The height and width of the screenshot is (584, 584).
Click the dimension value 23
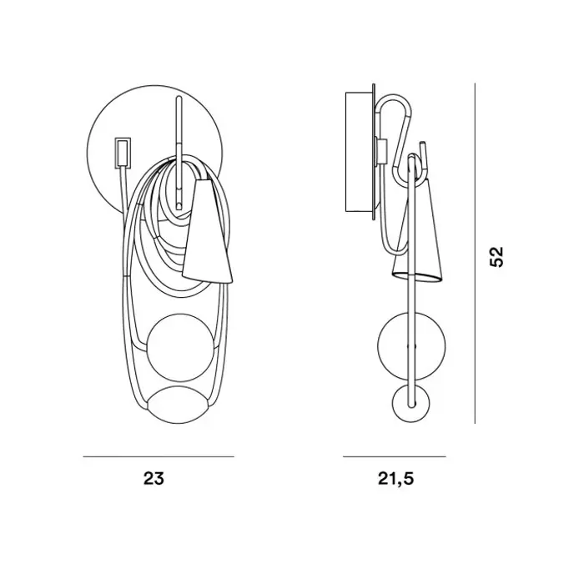tap(154, 478)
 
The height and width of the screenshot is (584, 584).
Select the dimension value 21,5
tap(395, 479)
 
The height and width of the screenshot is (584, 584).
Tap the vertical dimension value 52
tap(496, 256)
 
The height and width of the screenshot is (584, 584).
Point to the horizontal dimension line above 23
tap(159, 456)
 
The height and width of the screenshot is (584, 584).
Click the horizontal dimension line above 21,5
tap(395, 456)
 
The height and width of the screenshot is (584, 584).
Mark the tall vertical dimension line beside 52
tap(475, 254)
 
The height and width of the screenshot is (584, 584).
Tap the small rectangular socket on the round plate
tap(123, 152)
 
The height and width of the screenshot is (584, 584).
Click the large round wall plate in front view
tap(108, 123)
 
